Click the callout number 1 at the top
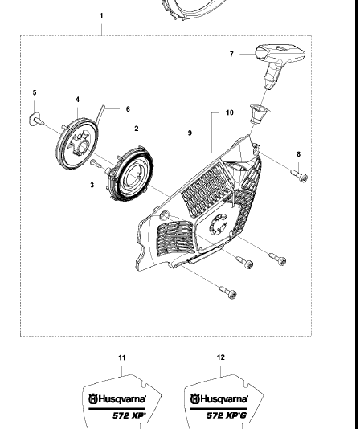pos(101,16)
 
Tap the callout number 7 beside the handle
pos(231,54)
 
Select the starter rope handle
pos(280,66)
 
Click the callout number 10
pos(230,112)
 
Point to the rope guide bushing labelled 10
pos(259,114)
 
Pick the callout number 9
pos(190,133)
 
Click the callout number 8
pos(298,154)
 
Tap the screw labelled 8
pos(299,175)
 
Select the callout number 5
pos(35,92)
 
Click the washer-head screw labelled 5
pos(36,120)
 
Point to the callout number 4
pos(77,100)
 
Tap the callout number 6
pos(128,109)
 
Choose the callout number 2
pos(137,129)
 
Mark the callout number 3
pos(92,186)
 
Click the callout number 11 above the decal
pos(122,357)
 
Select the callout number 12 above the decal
pos(221,357)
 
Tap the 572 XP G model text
pos(227,415)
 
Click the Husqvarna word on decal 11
pos(121,399)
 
